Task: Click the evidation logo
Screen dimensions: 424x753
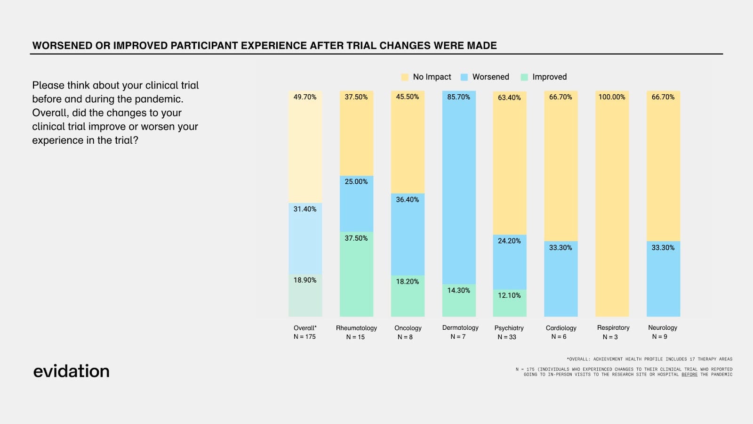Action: click(71, 371)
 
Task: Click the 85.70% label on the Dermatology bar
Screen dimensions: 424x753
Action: click(458, 97)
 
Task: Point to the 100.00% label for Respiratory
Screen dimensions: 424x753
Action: click(612, 97)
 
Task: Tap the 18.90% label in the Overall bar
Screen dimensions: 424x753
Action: click(305, 280)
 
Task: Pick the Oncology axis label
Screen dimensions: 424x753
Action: click(408, 328)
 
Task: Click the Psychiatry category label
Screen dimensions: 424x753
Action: click(509, 328)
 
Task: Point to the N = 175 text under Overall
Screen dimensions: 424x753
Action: click(304, 337)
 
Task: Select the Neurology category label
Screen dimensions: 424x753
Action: click(663, 327)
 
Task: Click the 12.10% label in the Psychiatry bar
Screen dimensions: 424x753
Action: click(509, 295)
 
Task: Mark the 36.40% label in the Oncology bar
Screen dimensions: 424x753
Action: click(407, 200)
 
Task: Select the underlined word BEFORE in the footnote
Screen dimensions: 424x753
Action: click(689, 375)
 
